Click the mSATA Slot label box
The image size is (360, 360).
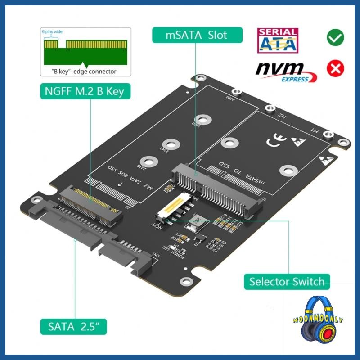point(197,35)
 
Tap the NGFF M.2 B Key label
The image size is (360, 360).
point(84,92)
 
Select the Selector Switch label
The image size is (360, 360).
point(287,282)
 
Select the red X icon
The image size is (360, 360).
point(335,68)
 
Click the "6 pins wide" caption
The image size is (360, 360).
point(53,32)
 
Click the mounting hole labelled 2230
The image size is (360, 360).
point(147,160)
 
